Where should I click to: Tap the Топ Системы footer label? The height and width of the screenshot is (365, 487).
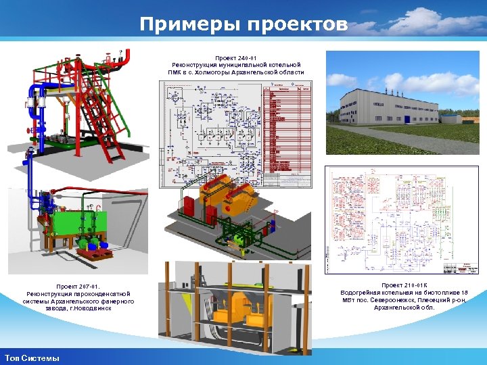click(x=31, y=358)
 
